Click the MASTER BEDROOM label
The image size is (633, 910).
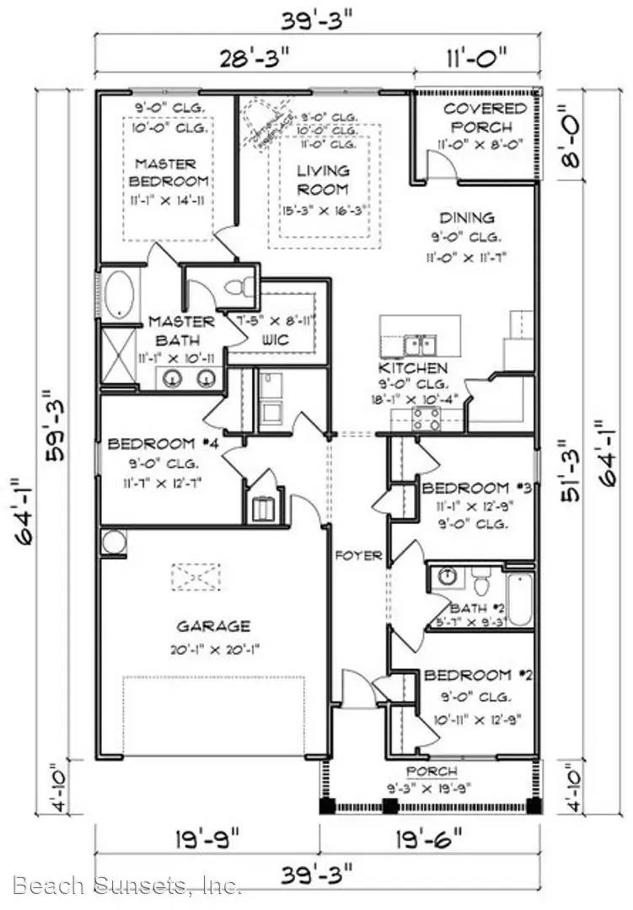pyautogui.click(x=165, y=172)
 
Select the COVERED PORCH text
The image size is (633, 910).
pyautogui.click(x=484, y=117)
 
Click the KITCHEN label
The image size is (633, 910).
pyautogui.click(x=412, y=368)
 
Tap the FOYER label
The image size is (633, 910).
pyautogui.click(x=359, y=556)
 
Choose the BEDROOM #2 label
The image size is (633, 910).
pyautogui.click(x=479, y=676)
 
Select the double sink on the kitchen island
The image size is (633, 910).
pyautogui.click(x=418, y=344)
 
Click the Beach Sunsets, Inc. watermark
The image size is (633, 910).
pyautogui.click(x=128, y=885)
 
